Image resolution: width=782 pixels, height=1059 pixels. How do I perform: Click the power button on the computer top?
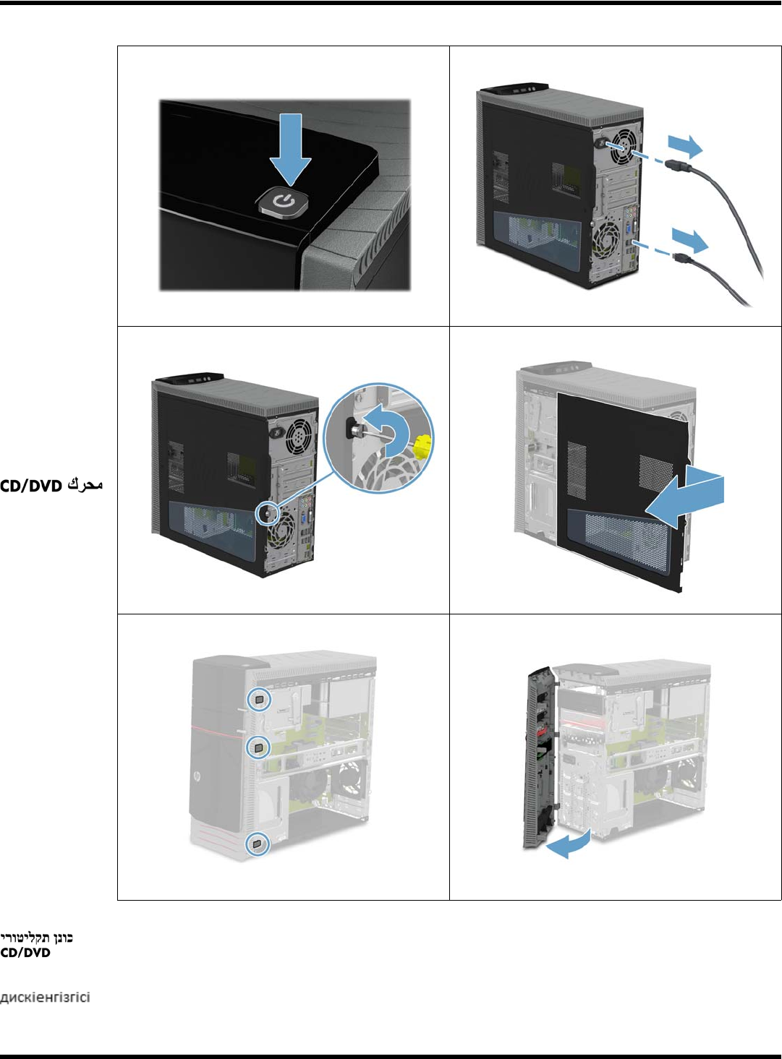tap(285, 205)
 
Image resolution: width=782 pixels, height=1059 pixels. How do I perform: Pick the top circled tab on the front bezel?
tap(260, 699)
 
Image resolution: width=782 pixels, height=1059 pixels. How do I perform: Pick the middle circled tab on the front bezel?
tap(259, 747)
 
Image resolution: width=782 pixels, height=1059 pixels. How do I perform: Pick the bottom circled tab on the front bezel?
tap(258, 844)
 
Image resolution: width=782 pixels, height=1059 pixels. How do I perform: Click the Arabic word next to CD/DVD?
tap(85, 485)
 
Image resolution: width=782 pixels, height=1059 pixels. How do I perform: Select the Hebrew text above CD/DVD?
tap(36, 938)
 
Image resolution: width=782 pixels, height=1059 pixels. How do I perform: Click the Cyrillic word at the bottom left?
tap(45, 998)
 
